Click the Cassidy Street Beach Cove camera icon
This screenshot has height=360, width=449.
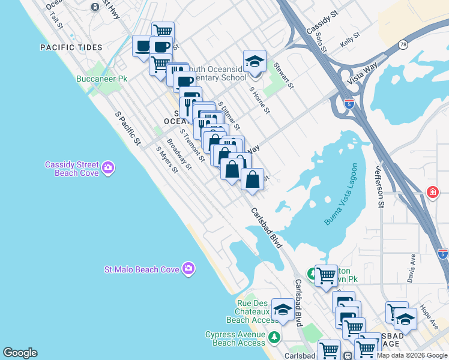pos(108,167)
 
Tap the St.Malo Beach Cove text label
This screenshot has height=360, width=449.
pos(142,269)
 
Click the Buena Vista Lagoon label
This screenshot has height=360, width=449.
pos(341,194)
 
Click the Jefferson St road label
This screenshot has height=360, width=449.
pos(380,188)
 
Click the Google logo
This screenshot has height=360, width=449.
pos(20,353)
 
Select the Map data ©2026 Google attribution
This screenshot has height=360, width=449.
pos(411,355)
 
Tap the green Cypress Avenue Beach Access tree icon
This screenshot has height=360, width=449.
pos(274,337)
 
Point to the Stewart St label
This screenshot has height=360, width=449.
pos(283,76)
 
